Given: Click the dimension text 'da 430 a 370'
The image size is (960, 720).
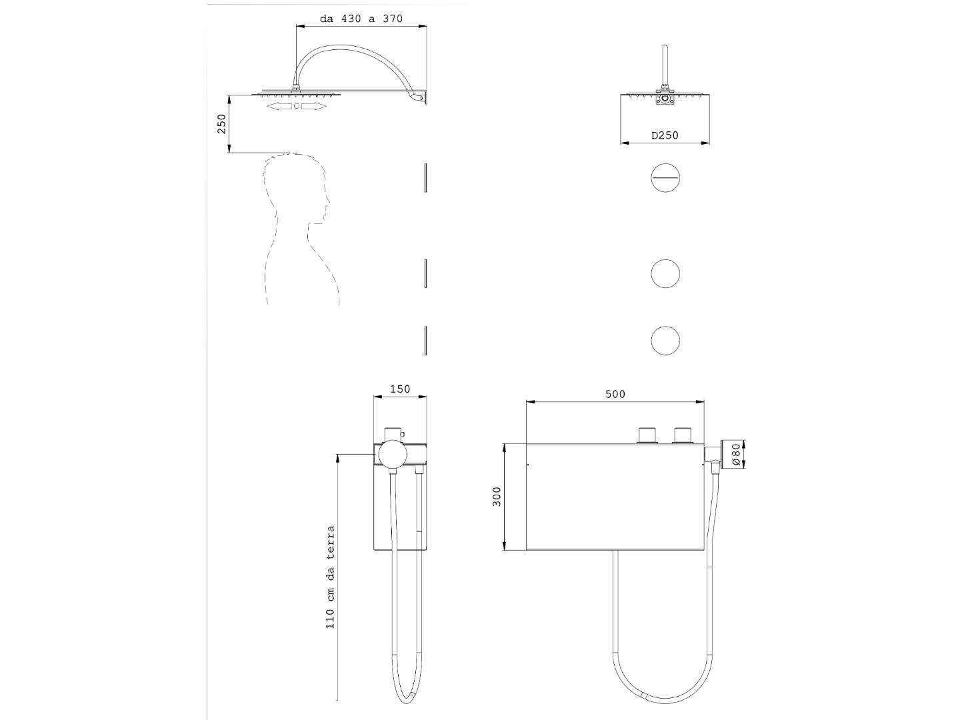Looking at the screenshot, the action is (x=361, y=19).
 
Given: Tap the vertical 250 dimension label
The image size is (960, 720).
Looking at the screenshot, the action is (x=222, y=124).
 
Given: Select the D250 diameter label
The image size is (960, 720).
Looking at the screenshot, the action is (x=665, y=135).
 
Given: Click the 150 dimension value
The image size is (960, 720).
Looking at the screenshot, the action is (x=400, y=389).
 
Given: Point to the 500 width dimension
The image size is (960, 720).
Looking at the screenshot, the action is (x=615, y=394).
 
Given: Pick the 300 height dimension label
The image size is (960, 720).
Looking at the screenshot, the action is (x=497, y=497).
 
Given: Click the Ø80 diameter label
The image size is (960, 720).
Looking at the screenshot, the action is (x=735, y=455).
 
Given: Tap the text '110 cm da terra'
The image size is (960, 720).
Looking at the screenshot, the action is (x=330, y=577).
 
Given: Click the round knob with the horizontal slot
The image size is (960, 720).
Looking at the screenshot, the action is (x=665, y=177).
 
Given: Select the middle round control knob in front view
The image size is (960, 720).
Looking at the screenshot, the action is (x=665, y=273).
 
